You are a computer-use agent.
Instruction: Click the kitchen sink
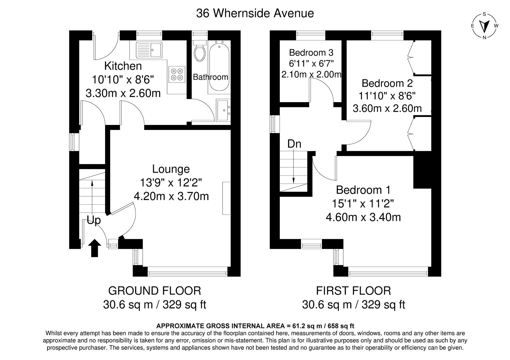point(149,50)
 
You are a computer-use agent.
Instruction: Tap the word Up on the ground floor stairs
point(94,220)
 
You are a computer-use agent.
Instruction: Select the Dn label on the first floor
point(294,144)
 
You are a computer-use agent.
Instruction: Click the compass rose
point(484,26)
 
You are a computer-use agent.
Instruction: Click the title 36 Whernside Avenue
point(255,13)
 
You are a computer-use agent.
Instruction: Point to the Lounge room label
point(171,169)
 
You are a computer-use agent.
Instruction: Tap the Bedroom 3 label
point(311,52)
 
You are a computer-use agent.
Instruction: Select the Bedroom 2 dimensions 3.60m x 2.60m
point(387,108)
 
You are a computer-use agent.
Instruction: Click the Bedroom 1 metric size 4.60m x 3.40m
point(363,217)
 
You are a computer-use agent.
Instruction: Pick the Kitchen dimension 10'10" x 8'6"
point(123,80)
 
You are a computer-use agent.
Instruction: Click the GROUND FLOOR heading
point(155,291)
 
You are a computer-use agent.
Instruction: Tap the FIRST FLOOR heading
point(353,291)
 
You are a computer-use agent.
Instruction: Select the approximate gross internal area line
point(255,326)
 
